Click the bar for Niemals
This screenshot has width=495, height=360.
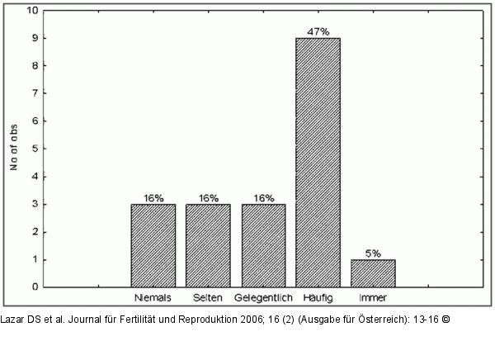tap(153, 245)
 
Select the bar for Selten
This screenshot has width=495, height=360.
tap(208, 245)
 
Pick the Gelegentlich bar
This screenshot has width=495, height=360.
tap(263, 245)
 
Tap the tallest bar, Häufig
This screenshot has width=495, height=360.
tap(318, 163)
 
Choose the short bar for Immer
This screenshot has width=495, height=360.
tap(373, 273)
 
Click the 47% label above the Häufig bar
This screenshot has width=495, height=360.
tap(318, 31)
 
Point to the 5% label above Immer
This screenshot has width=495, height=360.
tap(373, 253)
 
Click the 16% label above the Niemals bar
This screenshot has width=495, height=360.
tap(153, 198)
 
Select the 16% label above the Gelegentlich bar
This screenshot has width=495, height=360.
tap(263, 198)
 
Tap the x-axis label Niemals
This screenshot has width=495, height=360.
tap(153, 297)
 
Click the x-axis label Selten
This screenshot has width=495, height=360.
tap(208, 297)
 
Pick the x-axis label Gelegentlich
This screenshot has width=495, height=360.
tap(263, 297)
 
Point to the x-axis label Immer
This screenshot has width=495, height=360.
tap(373, 297)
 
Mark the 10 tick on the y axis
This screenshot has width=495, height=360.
tap(32, 11)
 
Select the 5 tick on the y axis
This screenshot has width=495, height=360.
tap(34, 149)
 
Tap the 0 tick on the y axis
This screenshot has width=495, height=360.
tap(34, 287)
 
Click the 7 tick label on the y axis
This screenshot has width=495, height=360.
tap(34, 93)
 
